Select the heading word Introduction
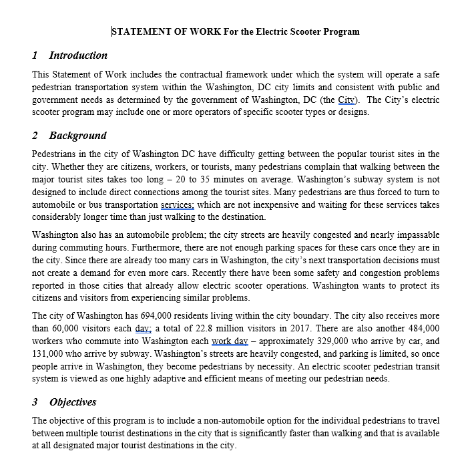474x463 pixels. (78, 55)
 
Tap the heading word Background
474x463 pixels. (77, 136)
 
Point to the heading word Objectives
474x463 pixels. (73, 402)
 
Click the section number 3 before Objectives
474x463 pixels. (35, 402)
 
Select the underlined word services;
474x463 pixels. (178, 204)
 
